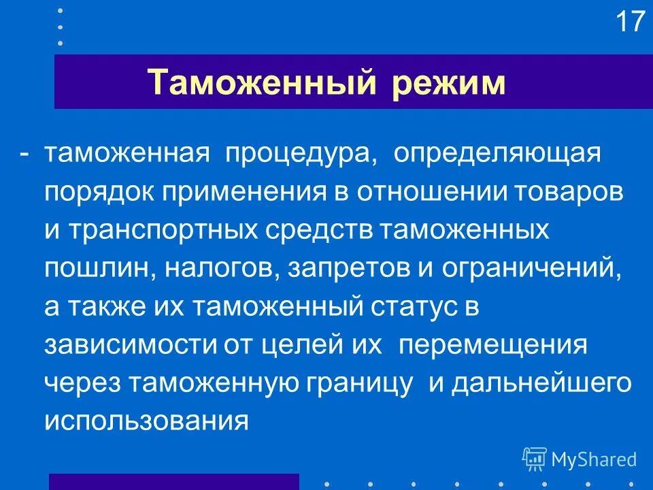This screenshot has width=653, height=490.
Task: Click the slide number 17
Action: click(x=630, y=22)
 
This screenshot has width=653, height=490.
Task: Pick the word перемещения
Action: click(x=492, y=344)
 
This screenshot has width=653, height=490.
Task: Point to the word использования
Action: click(x=147, y=421)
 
